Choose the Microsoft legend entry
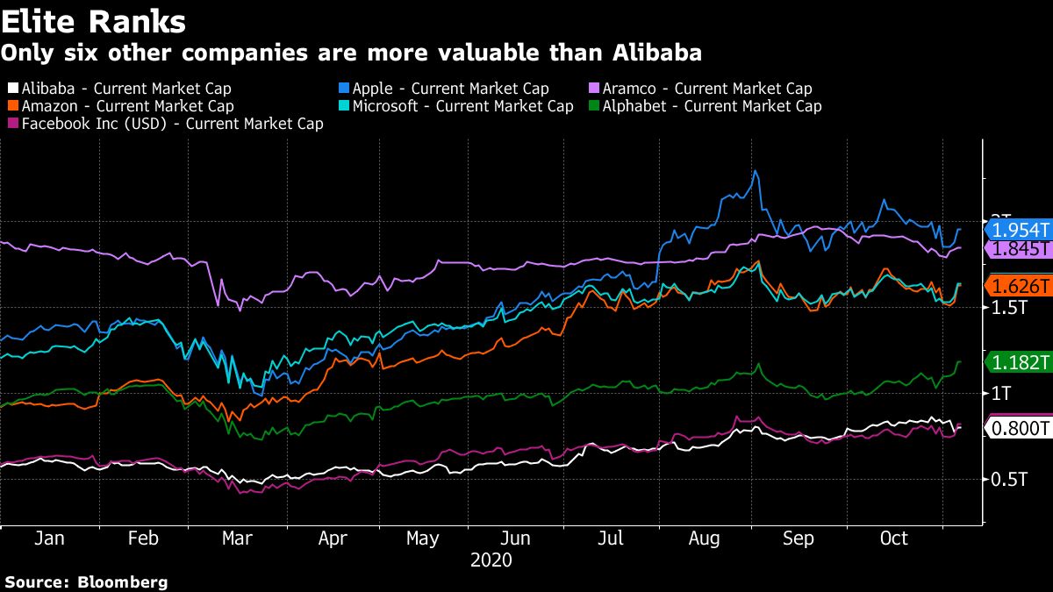(x=455, y=106)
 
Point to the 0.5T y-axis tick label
(x=1008, y=480)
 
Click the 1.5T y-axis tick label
(x=1008, y=308)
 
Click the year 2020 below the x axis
(x=491, y=560)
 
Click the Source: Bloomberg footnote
(x=86, y=581)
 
